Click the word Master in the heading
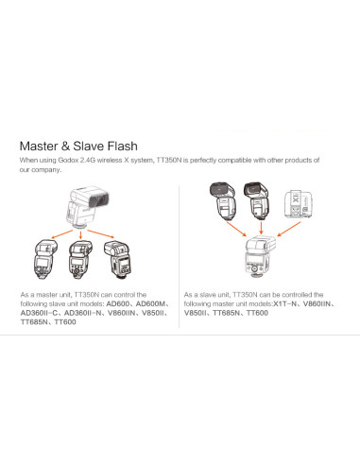[39, 146]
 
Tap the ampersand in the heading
[66, 146]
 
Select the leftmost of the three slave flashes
[45, 258]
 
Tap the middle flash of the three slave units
[80, 259]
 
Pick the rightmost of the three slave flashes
[118, 260]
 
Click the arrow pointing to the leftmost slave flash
[62, 234]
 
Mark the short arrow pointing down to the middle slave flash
[80, 234]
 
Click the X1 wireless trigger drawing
[300, 204]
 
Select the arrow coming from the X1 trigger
[289, 229]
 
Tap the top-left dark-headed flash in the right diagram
[223, 200]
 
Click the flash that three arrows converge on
[260, 256]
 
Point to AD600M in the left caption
[150, 304]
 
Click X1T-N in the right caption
[285, 304]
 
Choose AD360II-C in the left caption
[39, 313]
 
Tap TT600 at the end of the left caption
[65, 322]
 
